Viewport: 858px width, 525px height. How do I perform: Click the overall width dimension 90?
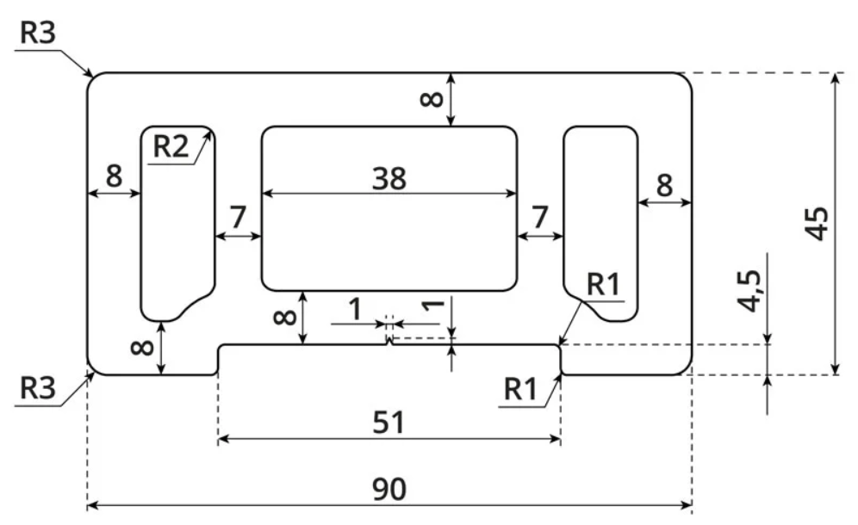tap(389, 489)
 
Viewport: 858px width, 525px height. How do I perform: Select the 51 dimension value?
tap(389, 423)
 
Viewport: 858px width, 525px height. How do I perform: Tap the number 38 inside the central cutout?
tap(389, 179)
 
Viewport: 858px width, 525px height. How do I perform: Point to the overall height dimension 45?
tap(817, 224)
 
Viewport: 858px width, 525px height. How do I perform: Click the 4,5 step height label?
tap(749, 291)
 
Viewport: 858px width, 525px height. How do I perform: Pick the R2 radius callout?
tap(171, 146)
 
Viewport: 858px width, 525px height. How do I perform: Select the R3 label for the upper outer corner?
tap(38, 32)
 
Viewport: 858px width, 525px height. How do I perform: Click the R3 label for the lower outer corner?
tap(38, 388)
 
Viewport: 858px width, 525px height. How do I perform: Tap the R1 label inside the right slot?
tap(604, 284)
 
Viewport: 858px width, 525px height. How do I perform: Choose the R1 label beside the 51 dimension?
tap(520, 389)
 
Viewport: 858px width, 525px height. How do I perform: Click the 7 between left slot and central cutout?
tap(238, 217)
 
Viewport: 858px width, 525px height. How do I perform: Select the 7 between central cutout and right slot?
tap(540, 217)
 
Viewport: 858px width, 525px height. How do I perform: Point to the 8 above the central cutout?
tap(432, 99)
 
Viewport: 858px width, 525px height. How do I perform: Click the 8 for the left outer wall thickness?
tap(114, 176)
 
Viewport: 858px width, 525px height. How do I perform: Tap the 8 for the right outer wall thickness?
tap(664, 185)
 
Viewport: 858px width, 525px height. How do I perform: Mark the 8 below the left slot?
tap(143, 347)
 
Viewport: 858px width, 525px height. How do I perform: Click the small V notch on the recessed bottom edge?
tap(389, 342)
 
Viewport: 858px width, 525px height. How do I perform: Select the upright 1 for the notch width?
tap(356, 310)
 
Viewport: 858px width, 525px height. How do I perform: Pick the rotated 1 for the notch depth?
tap(433, 305)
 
